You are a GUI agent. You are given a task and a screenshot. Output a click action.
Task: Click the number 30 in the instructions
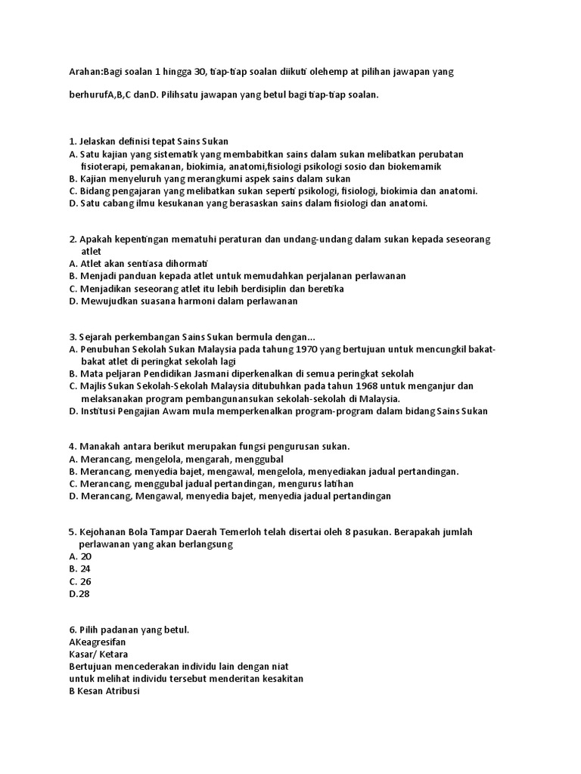click(203, 71)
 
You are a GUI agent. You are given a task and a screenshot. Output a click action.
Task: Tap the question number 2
click(71, 239)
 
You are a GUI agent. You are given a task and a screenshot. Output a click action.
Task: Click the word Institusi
click(101, 410)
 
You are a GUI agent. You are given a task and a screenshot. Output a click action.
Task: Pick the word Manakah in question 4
click(99, 447)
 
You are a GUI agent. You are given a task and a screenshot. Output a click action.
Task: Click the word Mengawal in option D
click(163, 496)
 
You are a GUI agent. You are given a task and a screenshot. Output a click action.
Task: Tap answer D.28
click(79, 593)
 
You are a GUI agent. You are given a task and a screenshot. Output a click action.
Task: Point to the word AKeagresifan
click(97, 642)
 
